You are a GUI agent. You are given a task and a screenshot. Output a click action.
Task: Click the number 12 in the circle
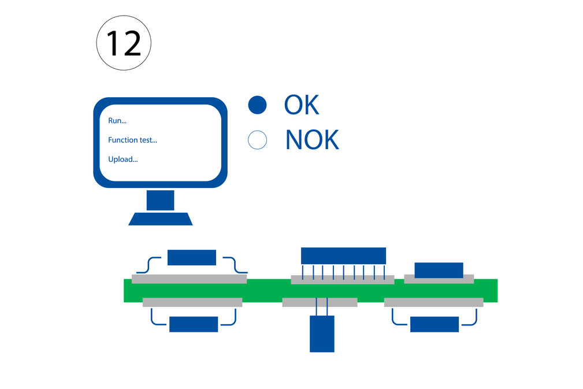124,43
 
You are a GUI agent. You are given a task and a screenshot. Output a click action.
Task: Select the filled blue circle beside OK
257,105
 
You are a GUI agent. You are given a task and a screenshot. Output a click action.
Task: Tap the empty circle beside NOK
257,140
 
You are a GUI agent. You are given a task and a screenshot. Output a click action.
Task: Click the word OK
302,105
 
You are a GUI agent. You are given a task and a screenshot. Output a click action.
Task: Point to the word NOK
312,140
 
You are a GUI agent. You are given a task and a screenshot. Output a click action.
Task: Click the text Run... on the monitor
117,120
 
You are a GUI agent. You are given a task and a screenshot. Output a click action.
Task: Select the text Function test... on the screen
132,140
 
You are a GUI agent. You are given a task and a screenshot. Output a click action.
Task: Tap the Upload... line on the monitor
122,159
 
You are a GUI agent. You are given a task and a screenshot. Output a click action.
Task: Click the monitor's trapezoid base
161,219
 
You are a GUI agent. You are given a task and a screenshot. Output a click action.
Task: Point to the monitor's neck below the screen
160,200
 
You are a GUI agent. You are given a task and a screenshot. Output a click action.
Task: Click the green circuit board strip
310,290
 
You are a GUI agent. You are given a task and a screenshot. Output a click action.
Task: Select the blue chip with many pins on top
343,256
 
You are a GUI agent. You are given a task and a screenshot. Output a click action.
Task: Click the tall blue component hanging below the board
322,334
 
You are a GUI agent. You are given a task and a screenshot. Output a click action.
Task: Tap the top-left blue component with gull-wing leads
192,257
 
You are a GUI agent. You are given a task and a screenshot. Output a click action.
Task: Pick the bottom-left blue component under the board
194,324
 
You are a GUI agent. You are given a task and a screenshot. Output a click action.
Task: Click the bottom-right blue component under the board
435,324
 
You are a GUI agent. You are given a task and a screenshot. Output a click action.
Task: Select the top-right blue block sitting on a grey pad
439,271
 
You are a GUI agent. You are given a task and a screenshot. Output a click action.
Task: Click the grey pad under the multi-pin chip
343,280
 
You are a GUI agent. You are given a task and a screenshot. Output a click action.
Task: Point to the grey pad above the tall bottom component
320,302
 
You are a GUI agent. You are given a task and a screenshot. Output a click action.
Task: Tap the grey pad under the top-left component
190,279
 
